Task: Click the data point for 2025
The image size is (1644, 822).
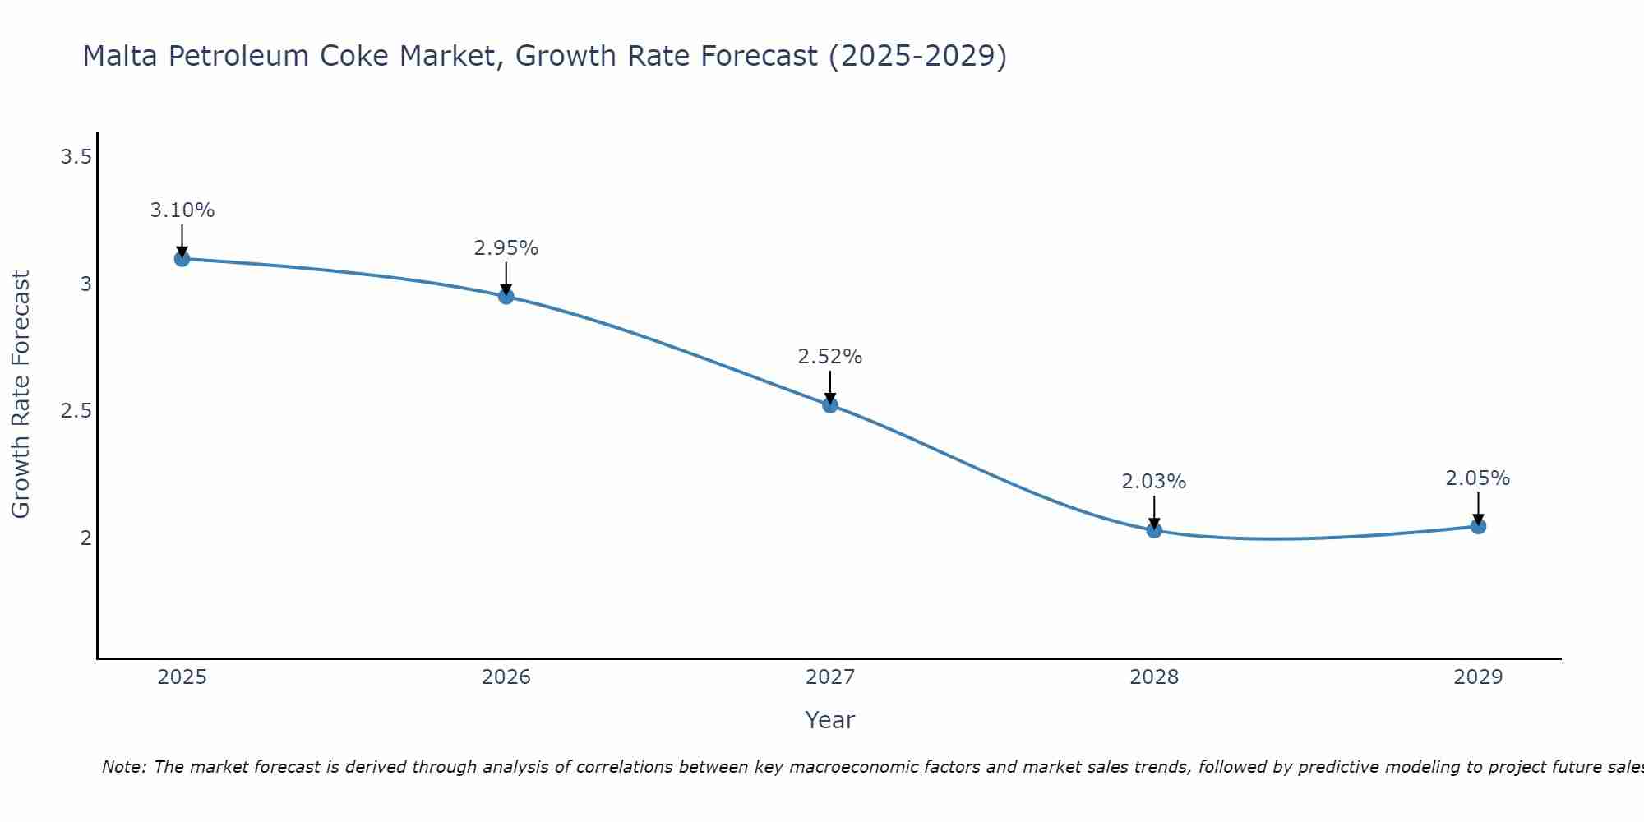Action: click(x=182, y=259)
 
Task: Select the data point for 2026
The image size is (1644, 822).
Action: click(x=506, y=297)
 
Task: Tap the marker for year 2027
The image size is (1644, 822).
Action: click(x=830, y=404)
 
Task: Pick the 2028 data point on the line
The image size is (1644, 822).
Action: click(x=1154, y=530)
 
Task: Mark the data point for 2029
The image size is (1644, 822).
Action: click(x=1478, y=526)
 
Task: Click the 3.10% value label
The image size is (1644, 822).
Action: click(x=182, y=210)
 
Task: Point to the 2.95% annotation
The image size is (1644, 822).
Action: click(x=506, y=248)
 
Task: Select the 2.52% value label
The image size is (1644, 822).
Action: click(x=830, y=357)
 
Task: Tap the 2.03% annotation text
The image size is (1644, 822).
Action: click(x=1154, y=482)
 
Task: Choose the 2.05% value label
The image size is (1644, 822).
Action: click(x=1478, y=478)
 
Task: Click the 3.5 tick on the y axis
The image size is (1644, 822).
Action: click(x=76, y=157)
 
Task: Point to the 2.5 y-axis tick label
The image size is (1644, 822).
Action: click(x=76, y=411)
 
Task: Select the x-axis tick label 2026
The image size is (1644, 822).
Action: click(x=506, y=677)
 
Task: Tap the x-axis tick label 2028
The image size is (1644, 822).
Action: click(x=1154, y=677)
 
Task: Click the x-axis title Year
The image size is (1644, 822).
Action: click(x=830, y=720)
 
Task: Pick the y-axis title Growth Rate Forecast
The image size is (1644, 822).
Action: click(x=21, y=395)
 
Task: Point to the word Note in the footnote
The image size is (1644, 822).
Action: click(x=123, y=767)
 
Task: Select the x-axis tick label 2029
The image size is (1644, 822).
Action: click(x=1478, y=677)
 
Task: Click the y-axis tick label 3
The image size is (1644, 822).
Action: click(x=85, y=284)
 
